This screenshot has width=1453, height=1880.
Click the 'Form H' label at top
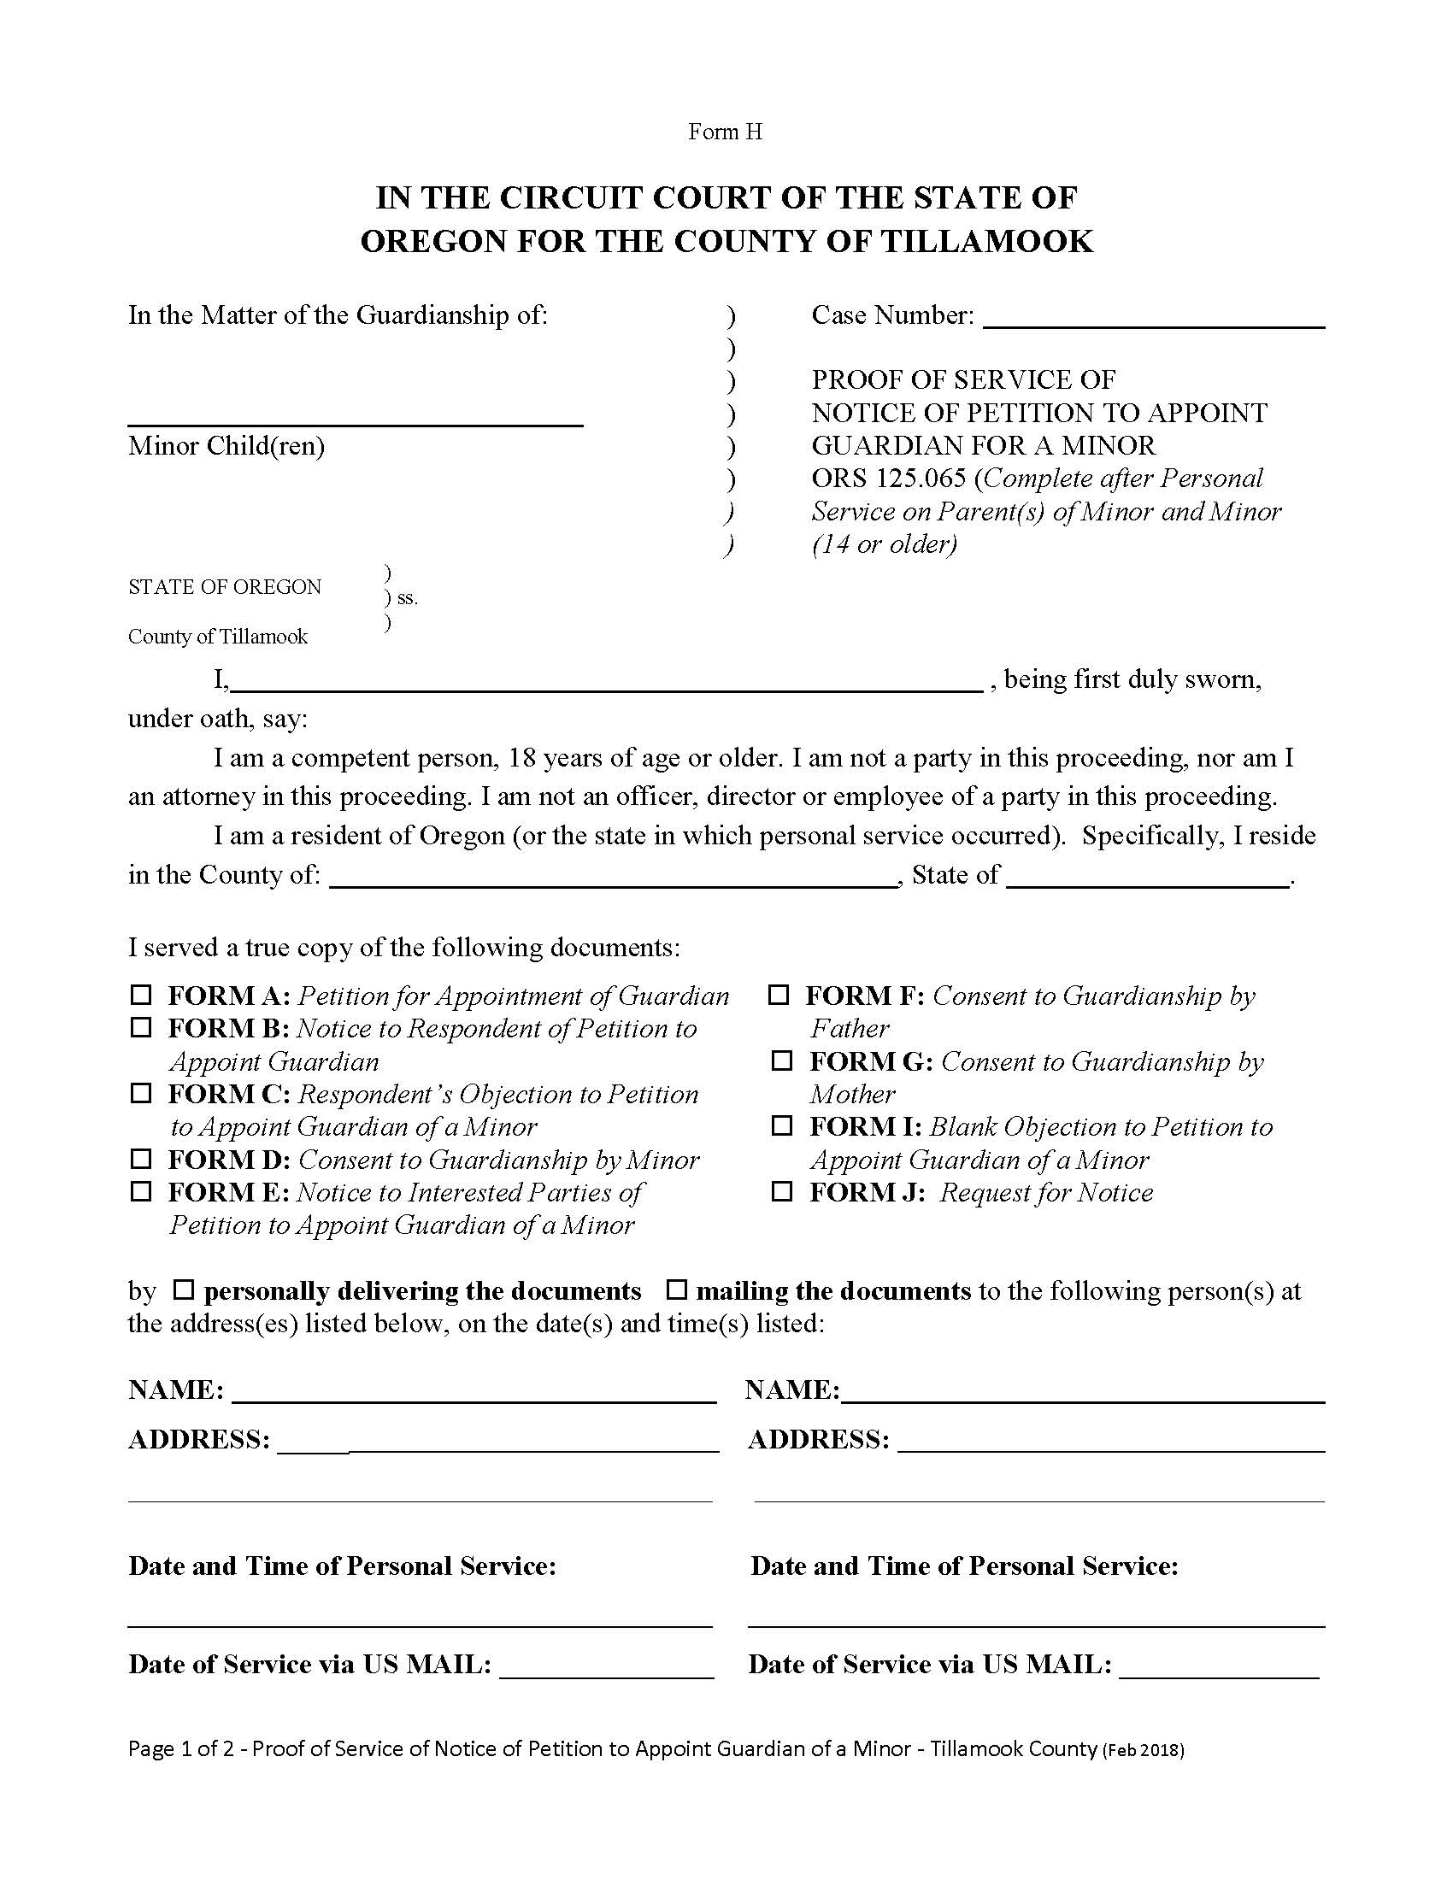click(x=725, y=132)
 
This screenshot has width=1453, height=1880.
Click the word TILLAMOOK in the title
click(x=986, y=242)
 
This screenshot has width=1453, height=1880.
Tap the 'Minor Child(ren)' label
click(x=226, y=446)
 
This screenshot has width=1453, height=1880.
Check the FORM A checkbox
click(x=140, y=995)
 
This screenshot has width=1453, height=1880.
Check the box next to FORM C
click(x=140, y=1093)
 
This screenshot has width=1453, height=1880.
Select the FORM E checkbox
click(x=140, y=1191)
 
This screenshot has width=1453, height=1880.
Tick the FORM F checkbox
click(x=778, y=995)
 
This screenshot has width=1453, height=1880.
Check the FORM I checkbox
click(x=781, y=1126)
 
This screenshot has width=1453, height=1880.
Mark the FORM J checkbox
click(x=781, y=1191)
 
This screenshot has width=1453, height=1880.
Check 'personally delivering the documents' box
click(x=185, y=1290)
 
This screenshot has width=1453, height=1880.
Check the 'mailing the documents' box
click(x=679, y=1290)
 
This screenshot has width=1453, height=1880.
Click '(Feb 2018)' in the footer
click(x=1143, y=1750)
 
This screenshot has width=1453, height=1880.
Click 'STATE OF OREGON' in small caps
click(x=225, y=587)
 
